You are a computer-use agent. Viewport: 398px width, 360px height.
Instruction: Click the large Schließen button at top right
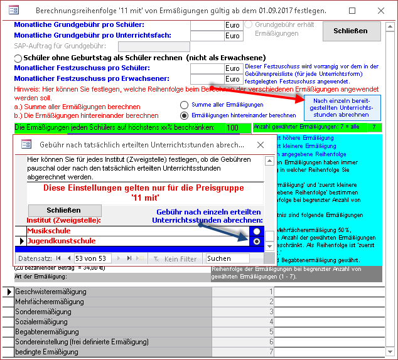pyautogui.click(x=352, y=30)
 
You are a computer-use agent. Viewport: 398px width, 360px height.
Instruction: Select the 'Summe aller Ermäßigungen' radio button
pyautogui.click(x=184, y=105)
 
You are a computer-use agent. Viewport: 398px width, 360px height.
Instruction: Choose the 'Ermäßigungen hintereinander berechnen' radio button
pyautogui.click(x=184, y=115)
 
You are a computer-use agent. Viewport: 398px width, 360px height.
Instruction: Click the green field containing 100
pyautogui.click(x=232, y=128)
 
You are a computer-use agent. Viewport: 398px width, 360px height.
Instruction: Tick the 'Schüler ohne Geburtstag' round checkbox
pyautogui.click(x=18, y=58)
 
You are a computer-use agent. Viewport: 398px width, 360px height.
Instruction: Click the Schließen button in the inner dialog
pyautogui.click(x=63, y=210)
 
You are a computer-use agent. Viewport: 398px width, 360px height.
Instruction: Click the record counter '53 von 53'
pyautogui.click(x=91, y=258)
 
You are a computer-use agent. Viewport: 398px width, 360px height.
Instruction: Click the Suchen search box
pyautogui.click(x=227, y=258)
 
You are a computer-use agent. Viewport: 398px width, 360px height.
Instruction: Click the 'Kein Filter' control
pyautogui.click(x=175, y=258)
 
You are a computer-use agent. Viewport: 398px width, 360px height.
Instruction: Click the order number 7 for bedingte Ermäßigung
pyautogui.click(x=271, y=352)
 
